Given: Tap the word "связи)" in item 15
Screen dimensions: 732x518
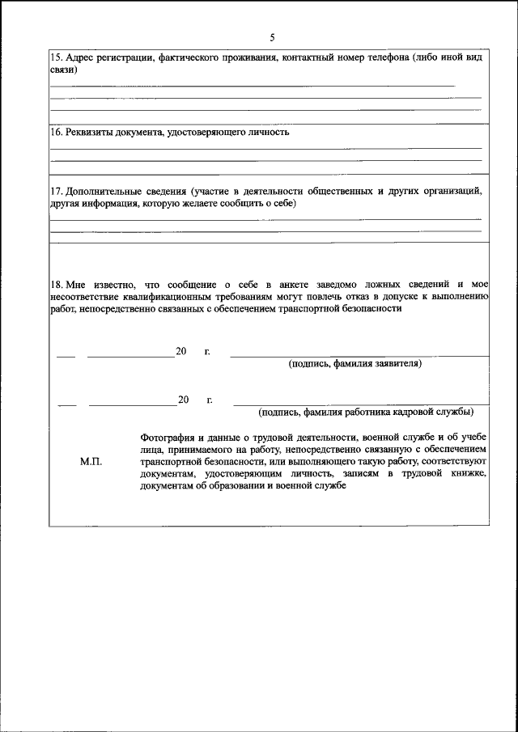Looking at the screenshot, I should pos(64,70).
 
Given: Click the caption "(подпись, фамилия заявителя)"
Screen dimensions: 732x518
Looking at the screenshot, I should pos(355,364).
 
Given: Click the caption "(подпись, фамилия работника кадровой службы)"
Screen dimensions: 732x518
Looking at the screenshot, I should pos(365,413).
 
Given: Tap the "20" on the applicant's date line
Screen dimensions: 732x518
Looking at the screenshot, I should pos(181,352).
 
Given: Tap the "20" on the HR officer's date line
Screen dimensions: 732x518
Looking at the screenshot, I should pos(184,400).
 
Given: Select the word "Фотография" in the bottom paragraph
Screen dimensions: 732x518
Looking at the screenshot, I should pos(168,436).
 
